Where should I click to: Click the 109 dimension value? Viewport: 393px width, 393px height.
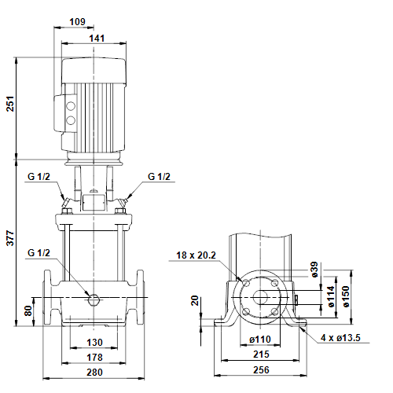77,21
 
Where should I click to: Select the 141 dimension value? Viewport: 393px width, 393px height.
97,39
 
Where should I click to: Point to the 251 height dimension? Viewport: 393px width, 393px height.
10,104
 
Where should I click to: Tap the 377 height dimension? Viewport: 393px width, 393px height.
10,238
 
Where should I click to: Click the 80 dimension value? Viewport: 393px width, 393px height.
28,310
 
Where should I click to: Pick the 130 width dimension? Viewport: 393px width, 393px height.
94,342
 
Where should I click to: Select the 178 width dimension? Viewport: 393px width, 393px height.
94,357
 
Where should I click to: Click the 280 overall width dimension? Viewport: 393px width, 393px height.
94,372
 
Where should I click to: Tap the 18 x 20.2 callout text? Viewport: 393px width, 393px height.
196,255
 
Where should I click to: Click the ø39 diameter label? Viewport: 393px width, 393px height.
314,270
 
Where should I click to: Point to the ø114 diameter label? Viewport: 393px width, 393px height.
331,296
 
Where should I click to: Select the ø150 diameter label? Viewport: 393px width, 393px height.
346,296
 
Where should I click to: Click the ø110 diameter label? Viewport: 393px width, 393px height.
260,340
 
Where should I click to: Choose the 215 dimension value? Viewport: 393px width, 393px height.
261,354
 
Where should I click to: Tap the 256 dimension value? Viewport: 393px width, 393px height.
261,370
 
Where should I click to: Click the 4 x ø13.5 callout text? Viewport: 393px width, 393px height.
340,338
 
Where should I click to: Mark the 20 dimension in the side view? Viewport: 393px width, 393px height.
195,300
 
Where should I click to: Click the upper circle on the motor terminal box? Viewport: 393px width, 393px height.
70,106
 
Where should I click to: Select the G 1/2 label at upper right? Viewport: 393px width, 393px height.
159,177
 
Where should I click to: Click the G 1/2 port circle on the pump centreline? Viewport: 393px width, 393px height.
94,299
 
